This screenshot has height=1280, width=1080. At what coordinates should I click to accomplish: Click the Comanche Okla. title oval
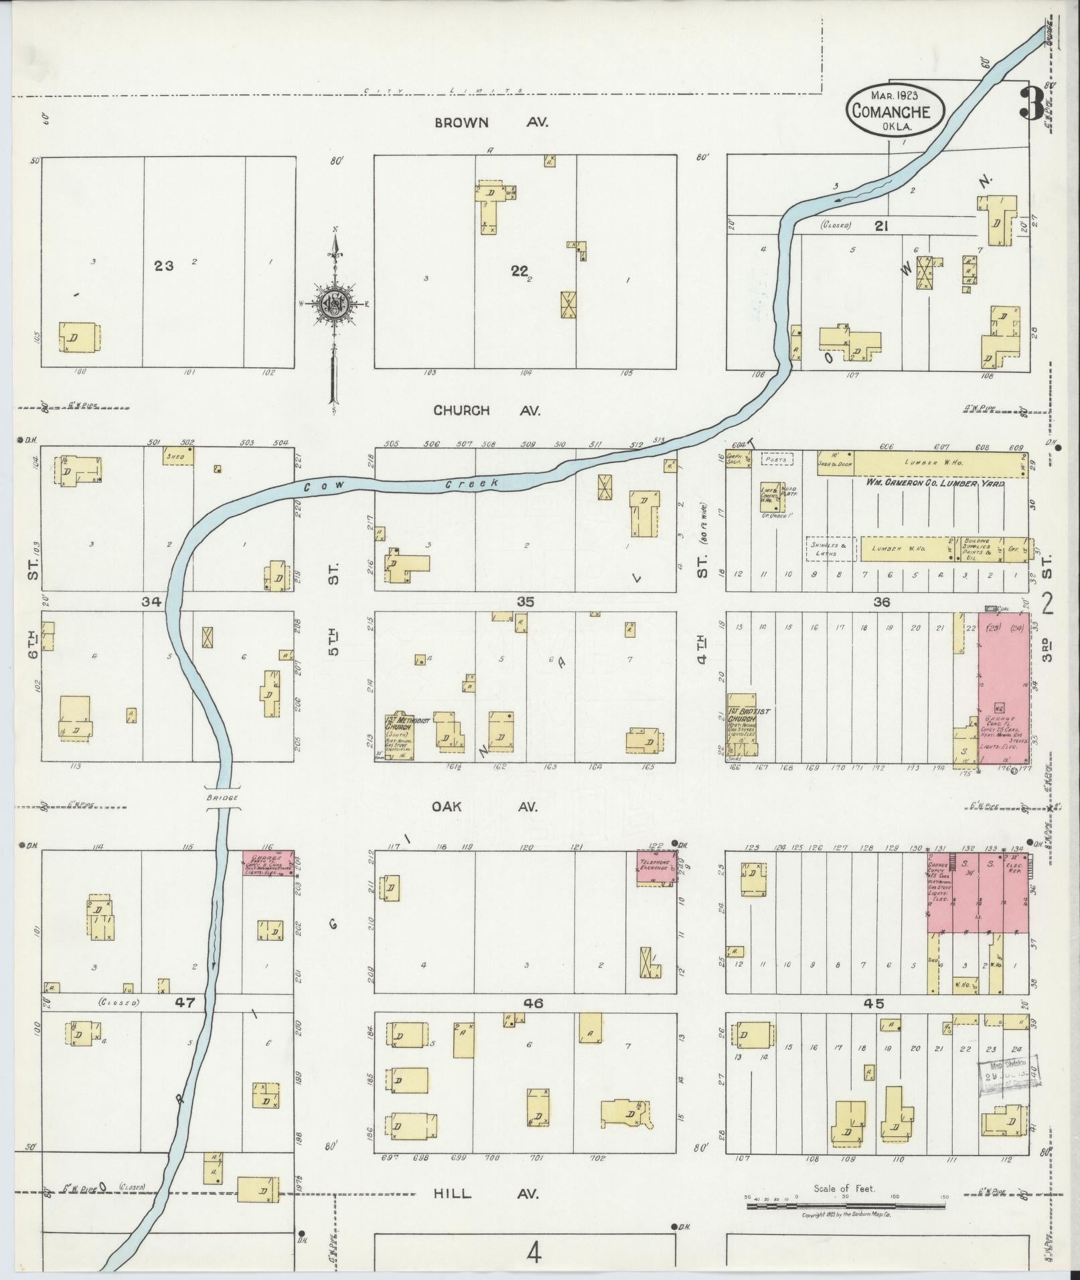pos(896,111)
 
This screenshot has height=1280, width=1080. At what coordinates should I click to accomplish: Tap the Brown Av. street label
pos(491,122)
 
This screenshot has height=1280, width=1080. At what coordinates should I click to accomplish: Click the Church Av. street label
pos(486,410)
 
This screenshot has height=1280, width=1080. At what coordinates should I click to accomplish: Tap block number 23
pos(163,266)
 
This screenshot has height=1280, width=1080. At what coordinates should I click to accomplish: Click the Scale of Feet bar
pos(845,1205)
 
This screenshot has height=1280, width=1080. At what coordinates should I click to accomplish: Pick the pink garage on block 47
pos(268,863)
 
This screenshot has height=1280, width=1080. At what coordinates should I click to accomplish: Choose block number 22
pos(519,270)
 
